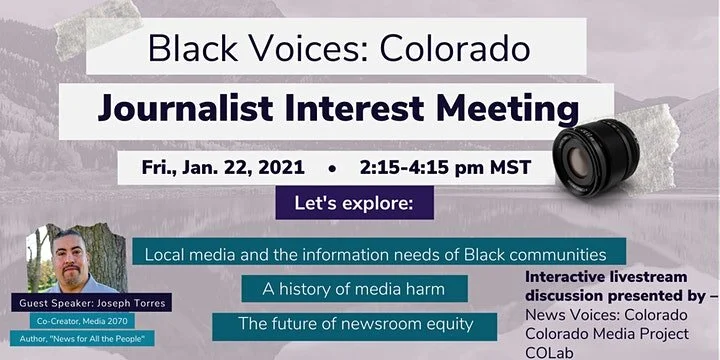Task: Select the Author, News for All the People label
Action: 83,340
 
